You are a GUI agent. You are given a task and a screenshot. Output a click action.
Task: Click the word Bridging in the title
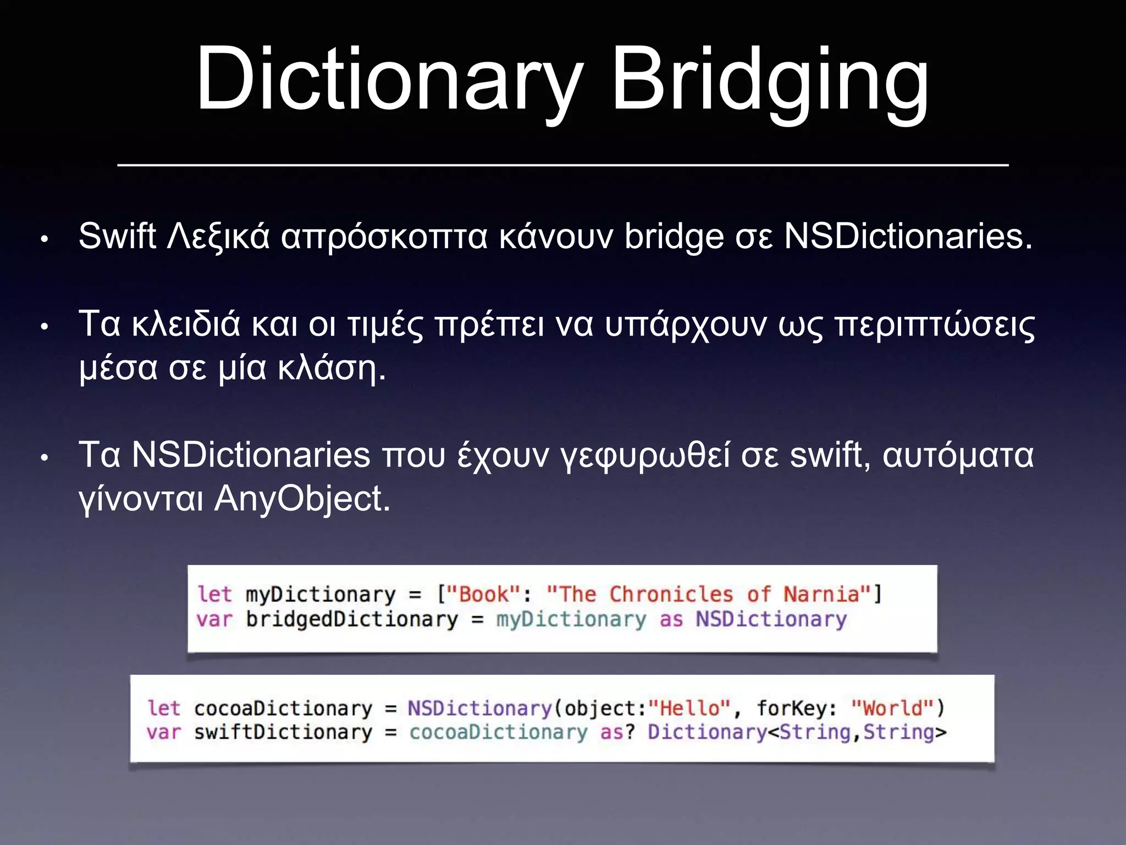tap(770, 80)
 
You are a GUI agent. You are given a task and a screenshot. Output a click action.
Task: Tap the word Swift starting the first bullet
tap(117, 237)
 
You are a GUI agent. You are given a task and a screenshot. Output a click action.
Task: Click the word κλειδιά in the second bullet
tap(186, 325)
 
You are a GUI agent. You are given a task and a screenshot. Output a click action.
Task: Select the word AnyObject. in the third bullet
tap(302, 500)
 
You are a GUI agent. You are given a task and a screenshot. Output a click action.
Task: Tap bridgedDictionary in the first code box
tap(352, 619)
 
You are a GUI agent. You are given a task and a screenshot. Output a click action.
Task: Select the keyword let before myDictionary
tap(214, 595)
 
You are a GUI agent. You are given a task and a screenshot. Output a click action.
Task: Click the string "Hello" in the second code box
tap(689, 708)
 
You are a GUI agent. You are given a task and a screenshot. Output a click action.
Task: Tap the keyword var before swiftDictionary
tap(163, 732)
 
